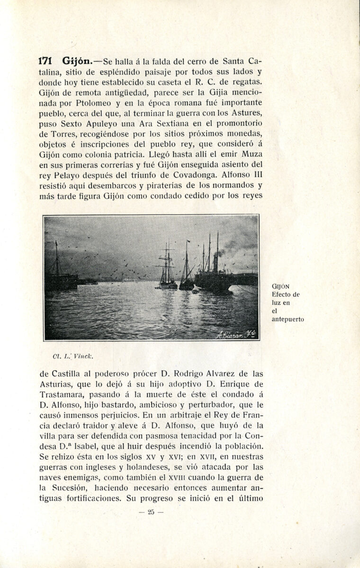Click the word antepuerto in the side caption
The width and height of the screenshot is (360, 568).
[x=288, y=319]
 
